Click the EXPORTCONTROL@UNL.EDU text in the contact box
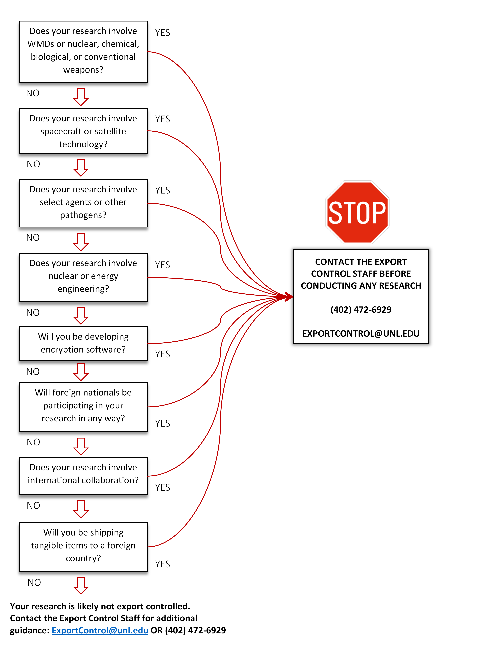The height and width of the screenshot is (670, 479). pyautogui.click(x=361, y=333)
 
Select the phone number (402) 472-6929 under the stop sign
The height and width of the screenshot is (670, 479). pyautogui.click(x=361, y=310)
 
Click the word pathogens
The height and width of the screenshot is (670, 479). pyautogui.click(x=83, y=215)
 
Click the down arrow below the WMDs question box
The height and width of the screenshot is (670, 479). pyautogui.click(x=81, y=97)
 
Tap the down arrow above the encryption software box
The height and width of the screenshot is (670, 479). pyautogui.click(x=81, y=315)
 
